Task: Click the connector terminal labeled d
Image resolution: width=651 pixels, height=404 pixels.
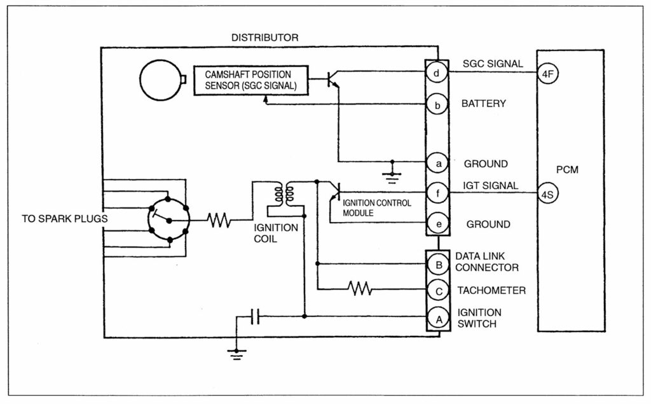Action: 436,73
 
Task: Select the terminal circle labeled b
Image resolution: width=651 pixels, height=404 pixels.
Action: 436,104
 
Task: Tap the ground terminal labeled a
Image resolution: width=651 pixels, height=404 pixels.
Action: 436,164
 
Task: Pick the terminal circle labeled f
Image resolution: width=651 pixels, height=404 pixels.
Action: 436,192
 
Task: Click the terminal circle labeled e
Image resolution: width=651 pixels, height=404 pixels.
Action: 436,223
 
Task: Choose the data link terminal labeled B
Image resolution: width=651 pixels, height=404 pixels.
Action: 437,263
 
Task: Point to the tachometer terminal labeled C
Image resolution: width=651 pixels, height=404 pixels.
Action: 437,290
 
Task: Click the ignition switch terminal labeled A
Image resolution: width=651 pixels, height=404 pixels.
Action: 437,317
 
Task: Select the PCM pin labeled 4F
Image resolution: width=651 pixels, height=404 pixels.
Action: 547,73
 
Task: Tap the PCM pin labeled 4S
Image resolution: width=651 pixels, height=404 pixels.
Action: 547,193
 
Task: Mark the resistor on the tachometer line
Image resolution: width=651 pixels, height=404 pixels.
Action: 360,290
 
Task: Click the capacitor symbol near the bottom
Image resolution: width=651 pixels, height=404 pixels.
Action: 254,316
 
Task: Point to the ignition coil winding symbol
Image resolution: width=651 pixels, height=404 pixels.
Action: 283,195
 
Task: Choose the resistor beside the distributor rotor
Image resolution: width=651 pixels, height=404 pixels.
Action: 219,221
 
